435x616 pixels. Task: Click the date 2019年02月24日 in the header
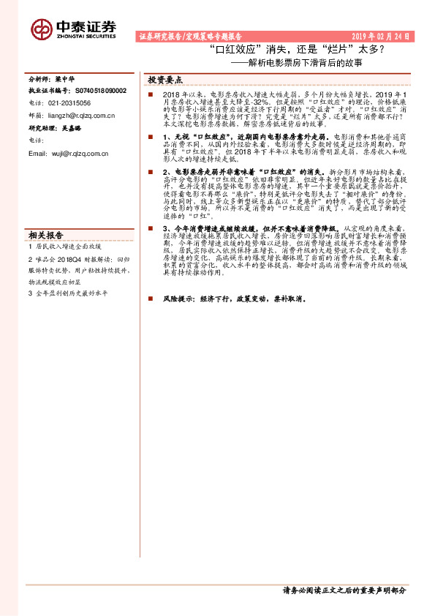[381, 36]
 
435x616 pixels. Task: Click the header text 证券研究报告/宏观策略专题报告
[190, 36]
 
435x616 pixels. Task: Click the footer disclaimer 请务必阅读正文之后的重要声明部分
[344, 590]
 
